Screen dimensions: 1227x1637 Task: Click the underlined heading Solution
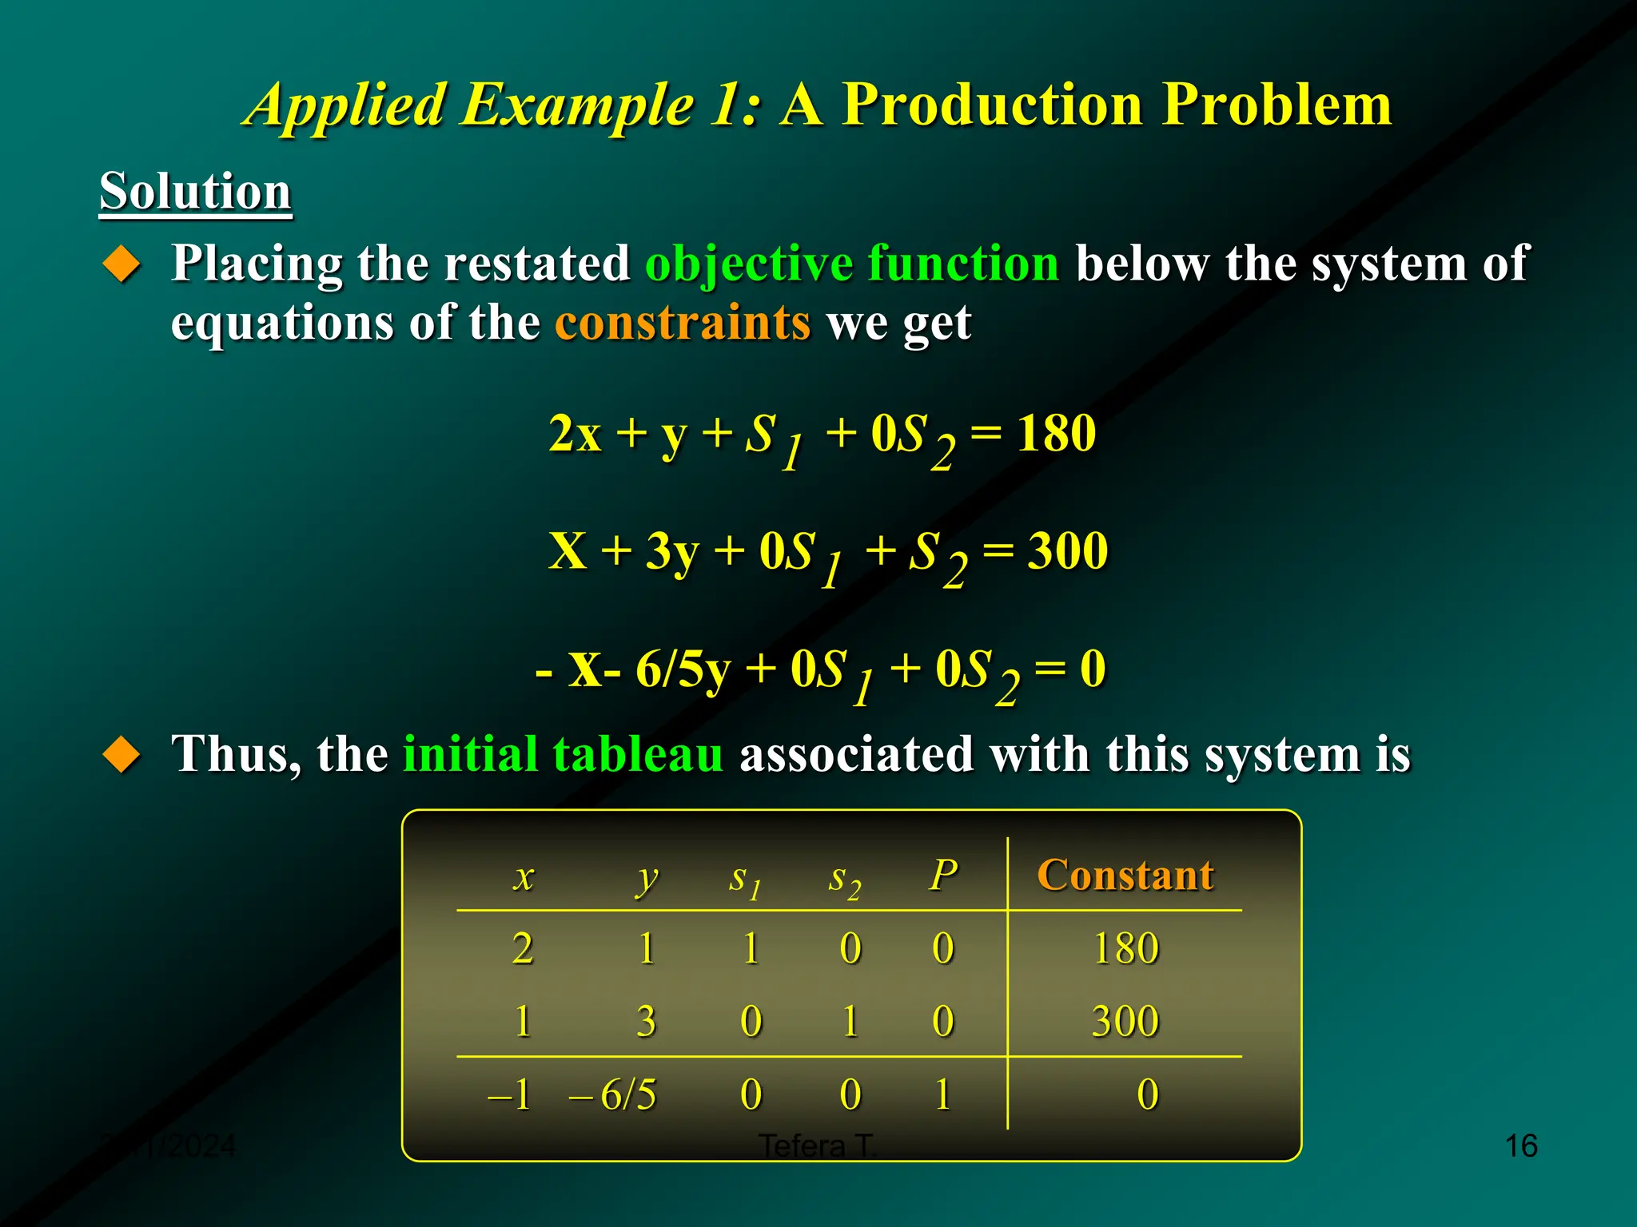pos(195,192)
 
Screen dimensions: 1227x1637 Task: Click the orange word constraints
pos(683,323)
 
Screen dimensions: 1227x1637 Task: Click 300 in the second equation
pos(1068,551)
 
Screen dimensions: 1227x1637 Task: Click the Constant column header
pos(1125,875)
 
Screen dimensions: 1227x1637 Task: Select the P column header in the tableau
pos(943,875)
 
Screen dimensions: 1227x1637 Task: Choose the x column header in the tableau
pos(523,877)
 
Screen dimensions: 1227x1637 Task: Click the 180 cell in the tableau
pos(1125,949)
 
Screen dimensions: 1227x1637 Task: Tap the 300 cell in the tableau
pos(1125,1022)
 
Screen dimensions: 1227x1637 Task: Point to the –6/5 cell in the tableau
pos(614,1094)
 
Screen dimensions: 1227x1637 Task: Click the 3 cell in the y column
pos(646,1022)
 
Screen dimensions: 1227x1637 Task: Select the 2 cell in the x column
pos(523,949)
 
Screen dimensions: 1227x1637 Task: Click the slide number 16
pos(1520,1146)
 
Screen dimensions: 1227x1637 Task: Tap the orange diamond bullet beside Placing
pos(122,264)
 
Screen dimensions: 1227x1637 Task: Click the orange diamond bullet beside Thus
pos(122,754)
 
